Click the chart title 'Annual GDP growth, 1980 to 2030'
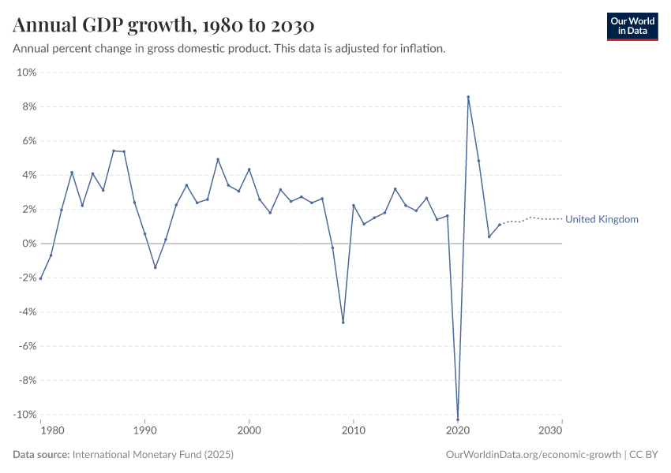click(x=163, y=24)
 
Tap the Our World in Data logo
click(x=632, y=26)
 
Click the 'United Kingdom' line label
click(x=602, y=219)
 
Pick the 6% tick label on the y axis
click(x=28, y=141)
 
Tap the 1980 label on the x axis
click(x=51, y=430)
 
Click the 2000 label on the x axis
click(x=249, y=430)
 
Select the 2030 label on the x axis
click(x=550, y=430)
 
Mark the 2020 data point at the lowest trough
click(x=458, y=419)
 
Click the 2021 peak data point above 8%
click(x=468, y=97)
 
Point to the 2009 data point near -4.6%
click(x=343, y=322)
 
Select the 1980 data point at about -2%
click(x=40, y=278)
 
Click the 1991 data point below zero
click(x=155, y=267)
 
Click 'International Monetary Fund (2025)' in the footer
click(x=152, y=455)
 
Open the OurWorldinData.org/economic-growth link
click(x=534, y=455)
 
